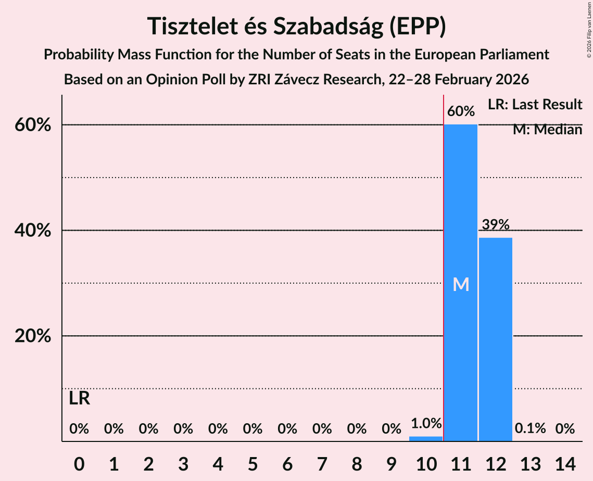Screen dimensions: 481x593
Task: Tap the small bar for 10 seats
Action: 426,438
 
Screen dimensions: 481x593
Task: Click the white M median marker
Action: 461,284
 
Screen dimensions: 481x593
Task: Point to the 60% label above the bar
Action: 461,111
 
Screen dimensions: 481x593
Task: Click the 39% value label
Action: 496,225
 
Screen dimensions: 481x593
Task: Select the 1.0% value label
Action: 426,423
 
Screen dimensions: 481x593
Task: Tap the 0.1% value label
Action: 530,428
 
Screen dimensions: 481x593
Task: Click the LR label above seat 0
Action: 79,399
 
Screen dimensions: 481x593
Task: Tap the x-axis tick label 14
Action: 565,463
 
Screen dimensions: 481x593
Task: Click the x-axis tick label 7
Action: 322,463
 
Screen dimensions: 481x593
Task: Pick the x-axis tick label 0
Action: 79,463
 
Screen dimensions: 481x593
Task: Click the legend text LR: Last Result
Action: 535,105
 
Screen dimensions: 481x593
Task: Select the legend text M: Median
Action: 547,130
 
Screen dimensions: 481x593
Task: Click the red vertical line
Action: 444,260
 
